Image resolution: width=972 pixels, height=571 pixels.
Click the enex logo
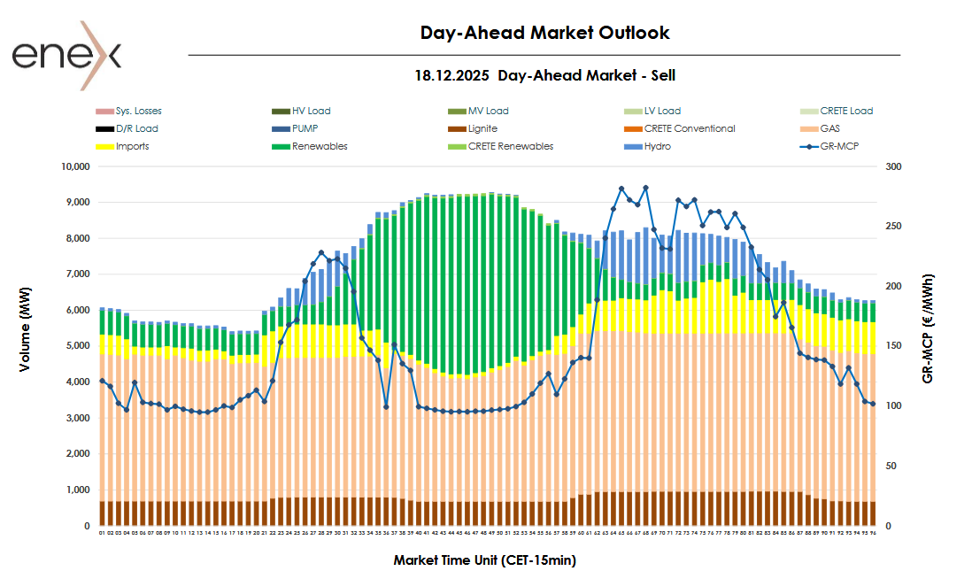67,55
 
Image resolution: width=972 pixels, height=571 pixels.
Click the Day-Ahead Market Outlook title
544,33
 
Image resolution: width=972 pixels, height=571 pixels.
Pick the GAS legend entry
829,129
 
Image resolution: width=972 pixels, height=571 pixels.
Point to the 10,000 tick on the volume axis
74,166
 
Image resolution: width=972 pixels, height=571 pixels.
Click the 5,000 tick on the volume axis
77,346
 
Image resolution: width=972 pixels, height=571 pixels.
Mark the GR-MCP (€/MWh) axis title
927,328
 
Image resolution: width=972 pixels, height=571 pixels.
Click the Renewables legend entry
320,146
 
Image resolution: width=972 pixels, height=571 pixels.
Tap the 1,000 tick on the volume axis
77,490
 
